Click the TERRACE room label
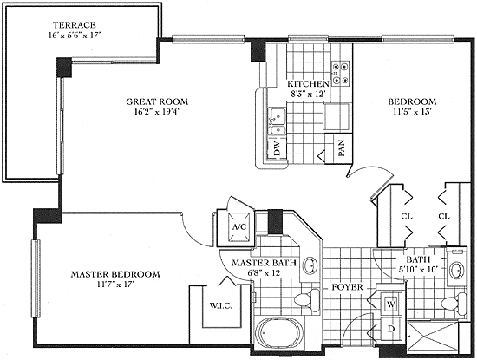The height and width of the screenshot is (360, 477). pos(75,24)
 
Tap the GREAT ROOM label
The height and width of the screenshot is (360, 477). pos(157,101)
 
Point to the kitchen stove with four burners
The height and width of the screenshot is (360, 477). pos(340,74)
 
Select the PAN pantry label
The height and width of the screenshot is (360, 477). pos(342,148)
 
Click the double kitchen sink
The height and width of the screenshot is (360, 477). pos(277,121)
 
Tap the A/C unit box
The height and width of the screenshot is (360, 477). pos(239,226)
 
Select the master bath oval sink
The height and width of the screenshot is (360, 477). pos(310,265)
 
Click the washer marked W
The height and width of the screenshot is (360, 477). pos(391,304)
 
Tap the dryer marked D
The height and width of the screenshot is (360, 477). pos(391,329)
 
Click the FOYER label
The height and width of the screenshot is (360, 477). pos(347,287)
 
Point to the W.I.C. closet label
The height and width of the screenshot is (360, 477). pos(220,305)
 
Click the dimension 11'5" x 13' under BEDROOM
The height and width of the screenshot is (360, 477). pos(412,112)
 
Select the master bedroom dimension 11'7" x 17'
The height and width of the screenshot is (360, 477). pos(115,285)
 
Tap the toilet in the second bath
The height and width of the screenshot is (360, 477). pos(454,303)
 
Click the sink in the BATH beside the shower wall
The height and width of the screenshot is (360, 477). pos(457,270)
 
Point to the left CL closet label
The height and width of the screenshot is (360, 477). pos(407,217)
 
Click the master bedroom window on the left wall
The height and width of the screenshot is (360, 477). pos(36,278)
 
